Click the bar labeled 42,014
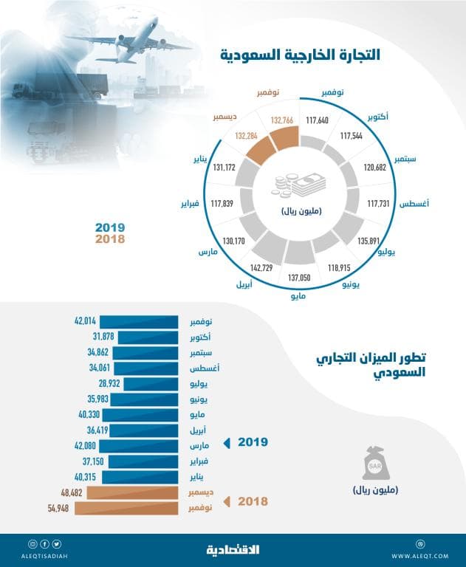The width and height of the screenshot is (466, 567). [140, 322]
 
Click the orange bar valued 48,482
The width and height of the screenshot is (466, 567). [132, 492]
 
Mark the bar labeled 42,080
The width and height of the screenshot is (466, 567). [140, 446]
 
